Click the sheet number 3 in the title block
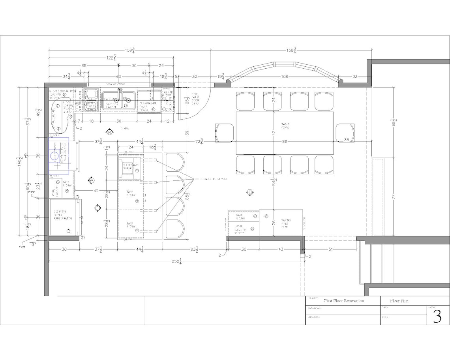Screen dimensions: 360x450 (437, 316)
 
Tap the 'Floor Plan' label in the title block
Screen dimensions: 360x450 (399, 301)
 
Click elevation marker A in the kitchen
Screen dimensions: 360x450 (92, 180)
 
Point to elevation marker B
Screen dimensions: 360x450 (110, 133)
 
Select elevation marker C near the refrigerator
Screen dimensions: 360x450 (97, 207)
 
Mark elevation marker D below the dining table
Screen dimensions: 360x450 (250, 192)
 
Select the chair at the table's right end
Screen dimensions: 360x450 (345, 133)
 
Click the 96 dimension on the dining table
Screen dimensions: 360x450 (285, 141)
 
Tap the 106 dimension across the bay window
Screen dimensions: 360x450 (284, 77)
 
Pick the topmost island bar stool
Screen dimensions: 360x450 (175, 162)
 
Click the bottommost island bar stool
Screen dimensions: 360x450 (175, 229)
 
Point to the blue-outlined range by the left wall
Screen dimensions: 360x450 (59, 156)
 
